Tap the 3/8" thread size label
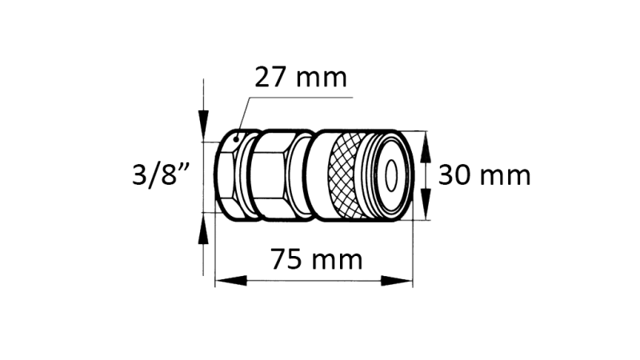(166, 174)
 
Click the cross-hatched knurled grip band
(346, 174)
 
